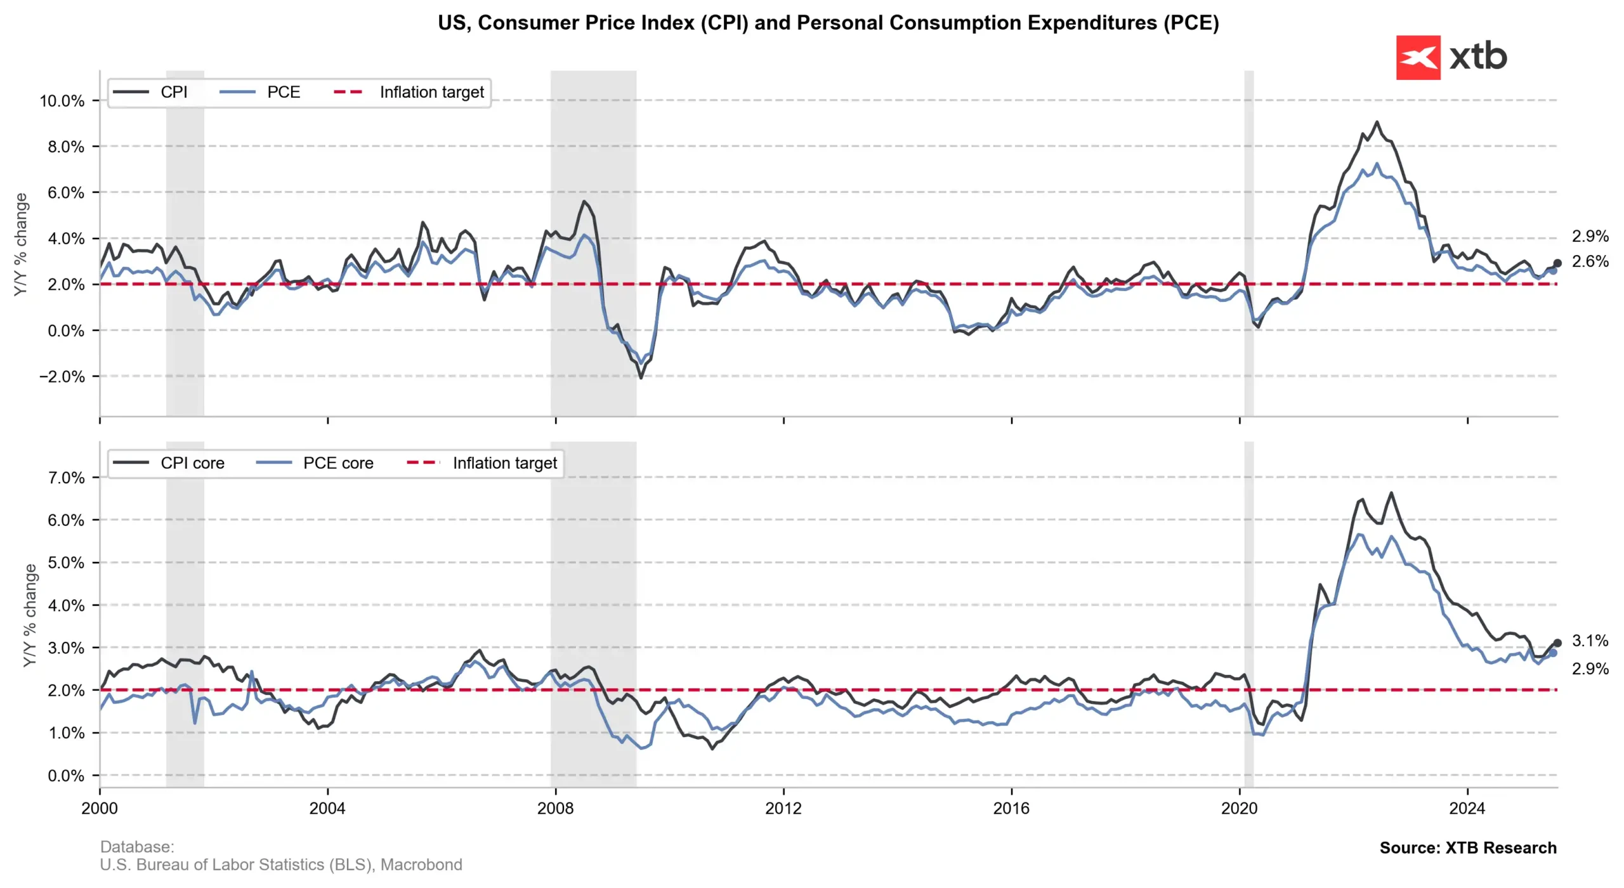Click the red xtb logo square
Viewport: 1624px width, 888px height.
(1417, 58)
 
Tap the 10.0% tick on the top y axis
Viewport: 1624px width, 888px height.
(62, 101)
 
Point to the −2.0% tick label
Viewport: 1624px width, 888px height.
(62, 377)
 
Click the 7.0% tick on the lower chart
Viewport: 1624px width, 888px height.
(66, 478)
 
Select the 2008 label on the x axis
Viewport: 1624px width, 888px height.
(555, 808)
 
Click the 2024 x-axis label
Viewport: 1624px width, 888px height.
(1467, 808)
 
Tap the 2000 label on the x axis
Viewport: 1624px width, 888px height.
(100, 808)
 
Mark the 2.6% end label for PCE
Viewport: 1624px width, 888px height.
(1590, 261)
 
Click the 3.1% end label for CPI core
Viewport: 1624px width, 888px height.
(1590, 641)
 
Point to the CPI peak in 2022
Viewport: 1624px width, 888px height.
(1376, 122)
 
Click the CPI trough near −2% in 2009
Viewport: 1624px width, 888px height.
(641, 378)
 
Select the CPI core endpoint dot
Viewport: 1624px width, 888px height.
(1557, 643)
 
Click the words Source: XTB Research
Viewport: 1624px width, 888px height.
(1467, 848)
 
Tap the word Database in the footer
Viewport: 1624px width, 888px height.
(136, 847)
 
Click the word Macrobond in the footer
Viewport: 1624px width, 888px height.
(421, 865)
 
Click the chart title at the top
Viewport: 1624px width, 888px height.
(828, 23)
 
